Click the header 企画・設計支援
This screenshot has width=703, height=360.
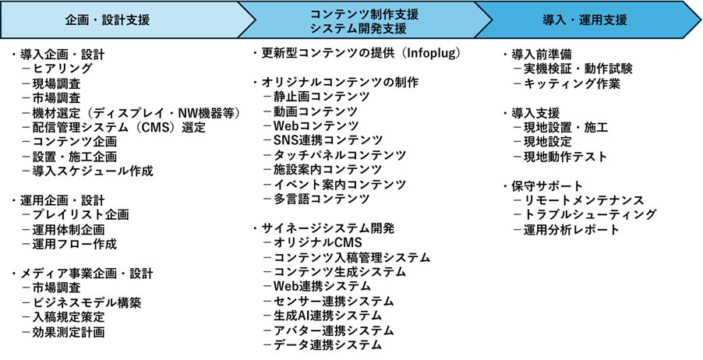(107, 20)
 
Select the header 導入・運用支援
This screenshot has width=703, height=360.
(585, 20)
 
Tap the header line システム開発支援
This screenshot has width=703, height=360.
(359, 29)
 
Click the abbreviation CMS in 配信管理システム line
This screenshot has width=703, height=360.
(154, 127)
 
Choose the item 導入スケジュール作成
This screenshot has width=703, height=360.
(93, 171)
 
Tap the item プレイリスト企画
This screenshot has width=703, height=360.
(80, 215)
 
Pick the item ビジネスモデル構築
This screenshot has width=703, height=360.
(87, 302)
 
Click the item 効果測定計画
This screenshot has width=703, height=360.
(69, 332)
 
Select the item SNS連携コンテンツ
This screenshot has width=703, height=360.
(328, 140)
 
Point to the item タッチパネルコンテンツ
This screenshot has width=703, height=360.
(340, 155)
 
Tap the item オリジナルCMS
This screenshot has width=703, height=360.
(317, 243)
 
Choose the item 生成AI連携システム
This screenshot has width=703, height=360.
(327, 316)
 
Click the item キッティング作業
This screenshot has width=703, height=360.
(572, 83)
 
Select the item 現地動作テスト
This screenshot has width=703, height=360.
(565, 157)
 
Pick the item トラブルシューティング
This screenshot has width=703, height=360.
(590, 215)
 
